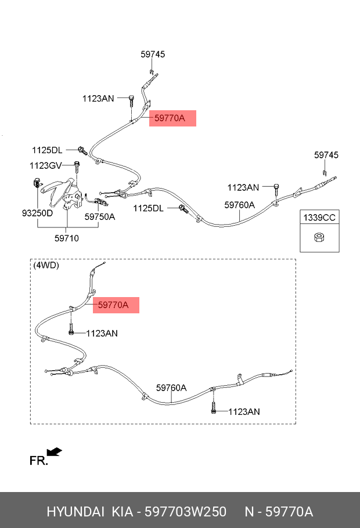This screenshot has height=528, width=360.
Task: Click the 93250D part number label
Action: [37, 213]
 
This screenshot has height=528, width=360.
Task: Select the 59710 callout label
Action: [67, 238]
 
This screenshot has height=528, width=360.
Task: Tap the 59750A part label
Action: [100, 216]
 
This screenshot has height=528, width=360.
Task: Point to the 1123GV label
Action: [45, 165]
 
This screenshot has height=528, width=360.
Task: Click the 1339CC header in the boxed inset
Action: [319, 218]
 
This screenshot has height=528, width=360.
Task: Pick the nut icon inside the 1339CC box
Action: [319, 238]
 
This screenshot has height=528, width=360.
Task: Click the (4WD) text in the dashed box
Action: [46, 265]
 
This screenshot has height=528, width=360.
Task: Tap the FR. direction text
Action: [38, 461]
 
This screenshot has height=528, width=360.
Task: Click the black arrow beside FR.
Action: [55, 451]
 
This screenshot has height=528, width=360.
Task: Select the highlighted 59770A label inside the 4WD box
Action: [116, 305]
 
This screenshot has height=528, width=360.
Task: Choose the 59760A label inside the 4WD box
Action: [171, 388]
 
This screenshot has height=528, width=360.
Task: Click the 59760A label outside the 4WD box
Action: [239, 205]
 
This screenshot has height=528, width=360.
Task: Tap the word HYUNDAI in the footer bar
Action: [74, 512]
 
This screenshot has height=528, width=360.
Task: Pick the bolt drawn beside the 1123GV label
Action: [77, 167]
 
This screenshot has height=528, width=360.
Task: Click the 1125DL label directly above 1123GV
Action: [47, 150]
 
